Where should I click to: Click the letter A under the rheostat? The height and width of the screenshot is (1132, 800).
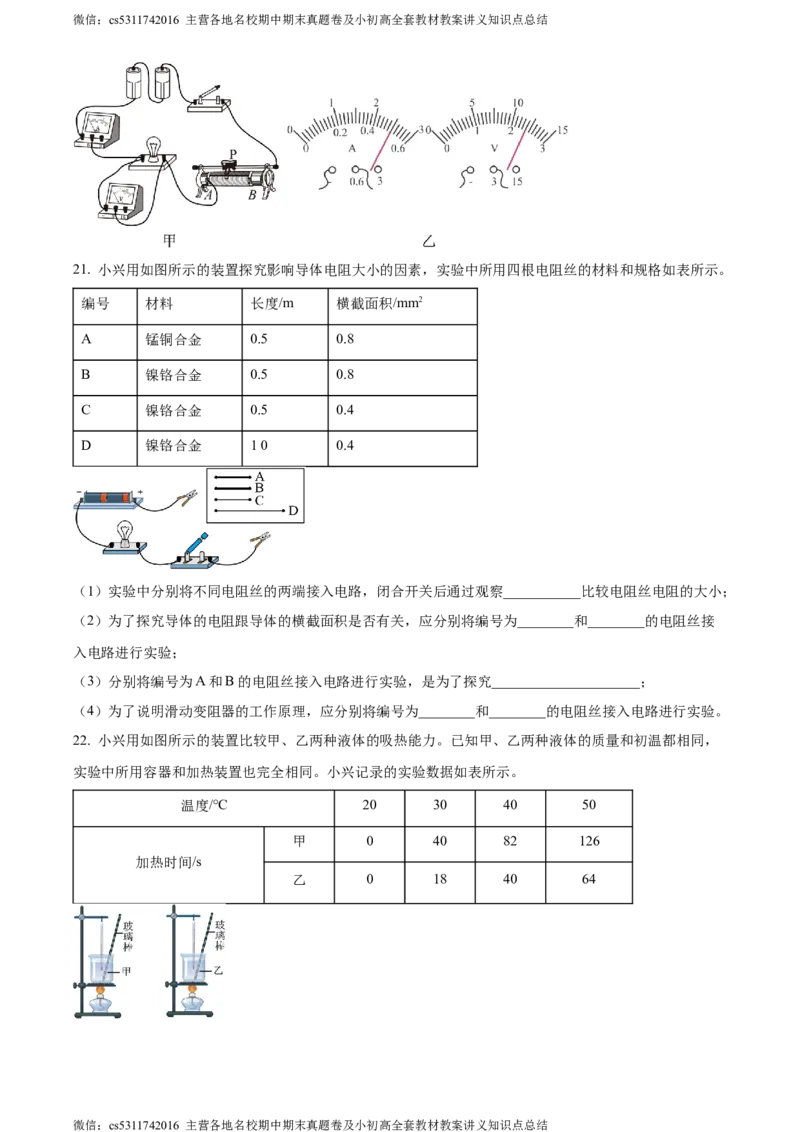click(x=208, y=197)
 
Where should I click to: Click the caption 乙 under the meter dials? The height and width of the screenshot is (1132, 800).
click(x=428, y=242)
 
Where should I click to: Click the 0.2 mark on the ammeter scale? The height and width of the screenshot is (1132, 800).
click(x=340, y=134)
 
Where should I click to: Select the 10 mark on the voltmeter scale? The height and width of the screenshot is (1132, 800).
click(x=517, y=103)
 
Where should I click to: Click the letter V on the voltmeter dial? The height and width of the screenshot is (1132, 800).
click(x=494, y=148)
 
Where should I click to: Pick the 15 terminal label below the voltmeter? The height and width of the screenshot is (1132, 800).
click(x=516, y=181)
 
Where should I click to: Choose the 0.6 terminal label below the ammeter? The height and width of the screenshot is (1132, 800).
click(x=357, y=181)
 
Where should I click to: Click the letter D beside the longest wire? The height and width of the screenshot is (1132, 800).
click(x=293, y=511)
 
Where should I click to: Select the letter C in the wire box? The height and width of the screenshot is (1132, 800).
click(x=259, y=499)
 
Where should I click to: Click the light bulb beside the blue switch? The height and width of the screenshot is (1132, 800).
click(x=125, y=532)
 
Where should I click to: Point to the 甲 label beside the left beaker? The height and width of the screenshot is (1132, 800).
click(x=126, y=971)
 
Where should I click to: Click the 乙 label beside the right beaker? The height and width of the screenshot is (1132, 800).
click(x=219, y=971)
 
